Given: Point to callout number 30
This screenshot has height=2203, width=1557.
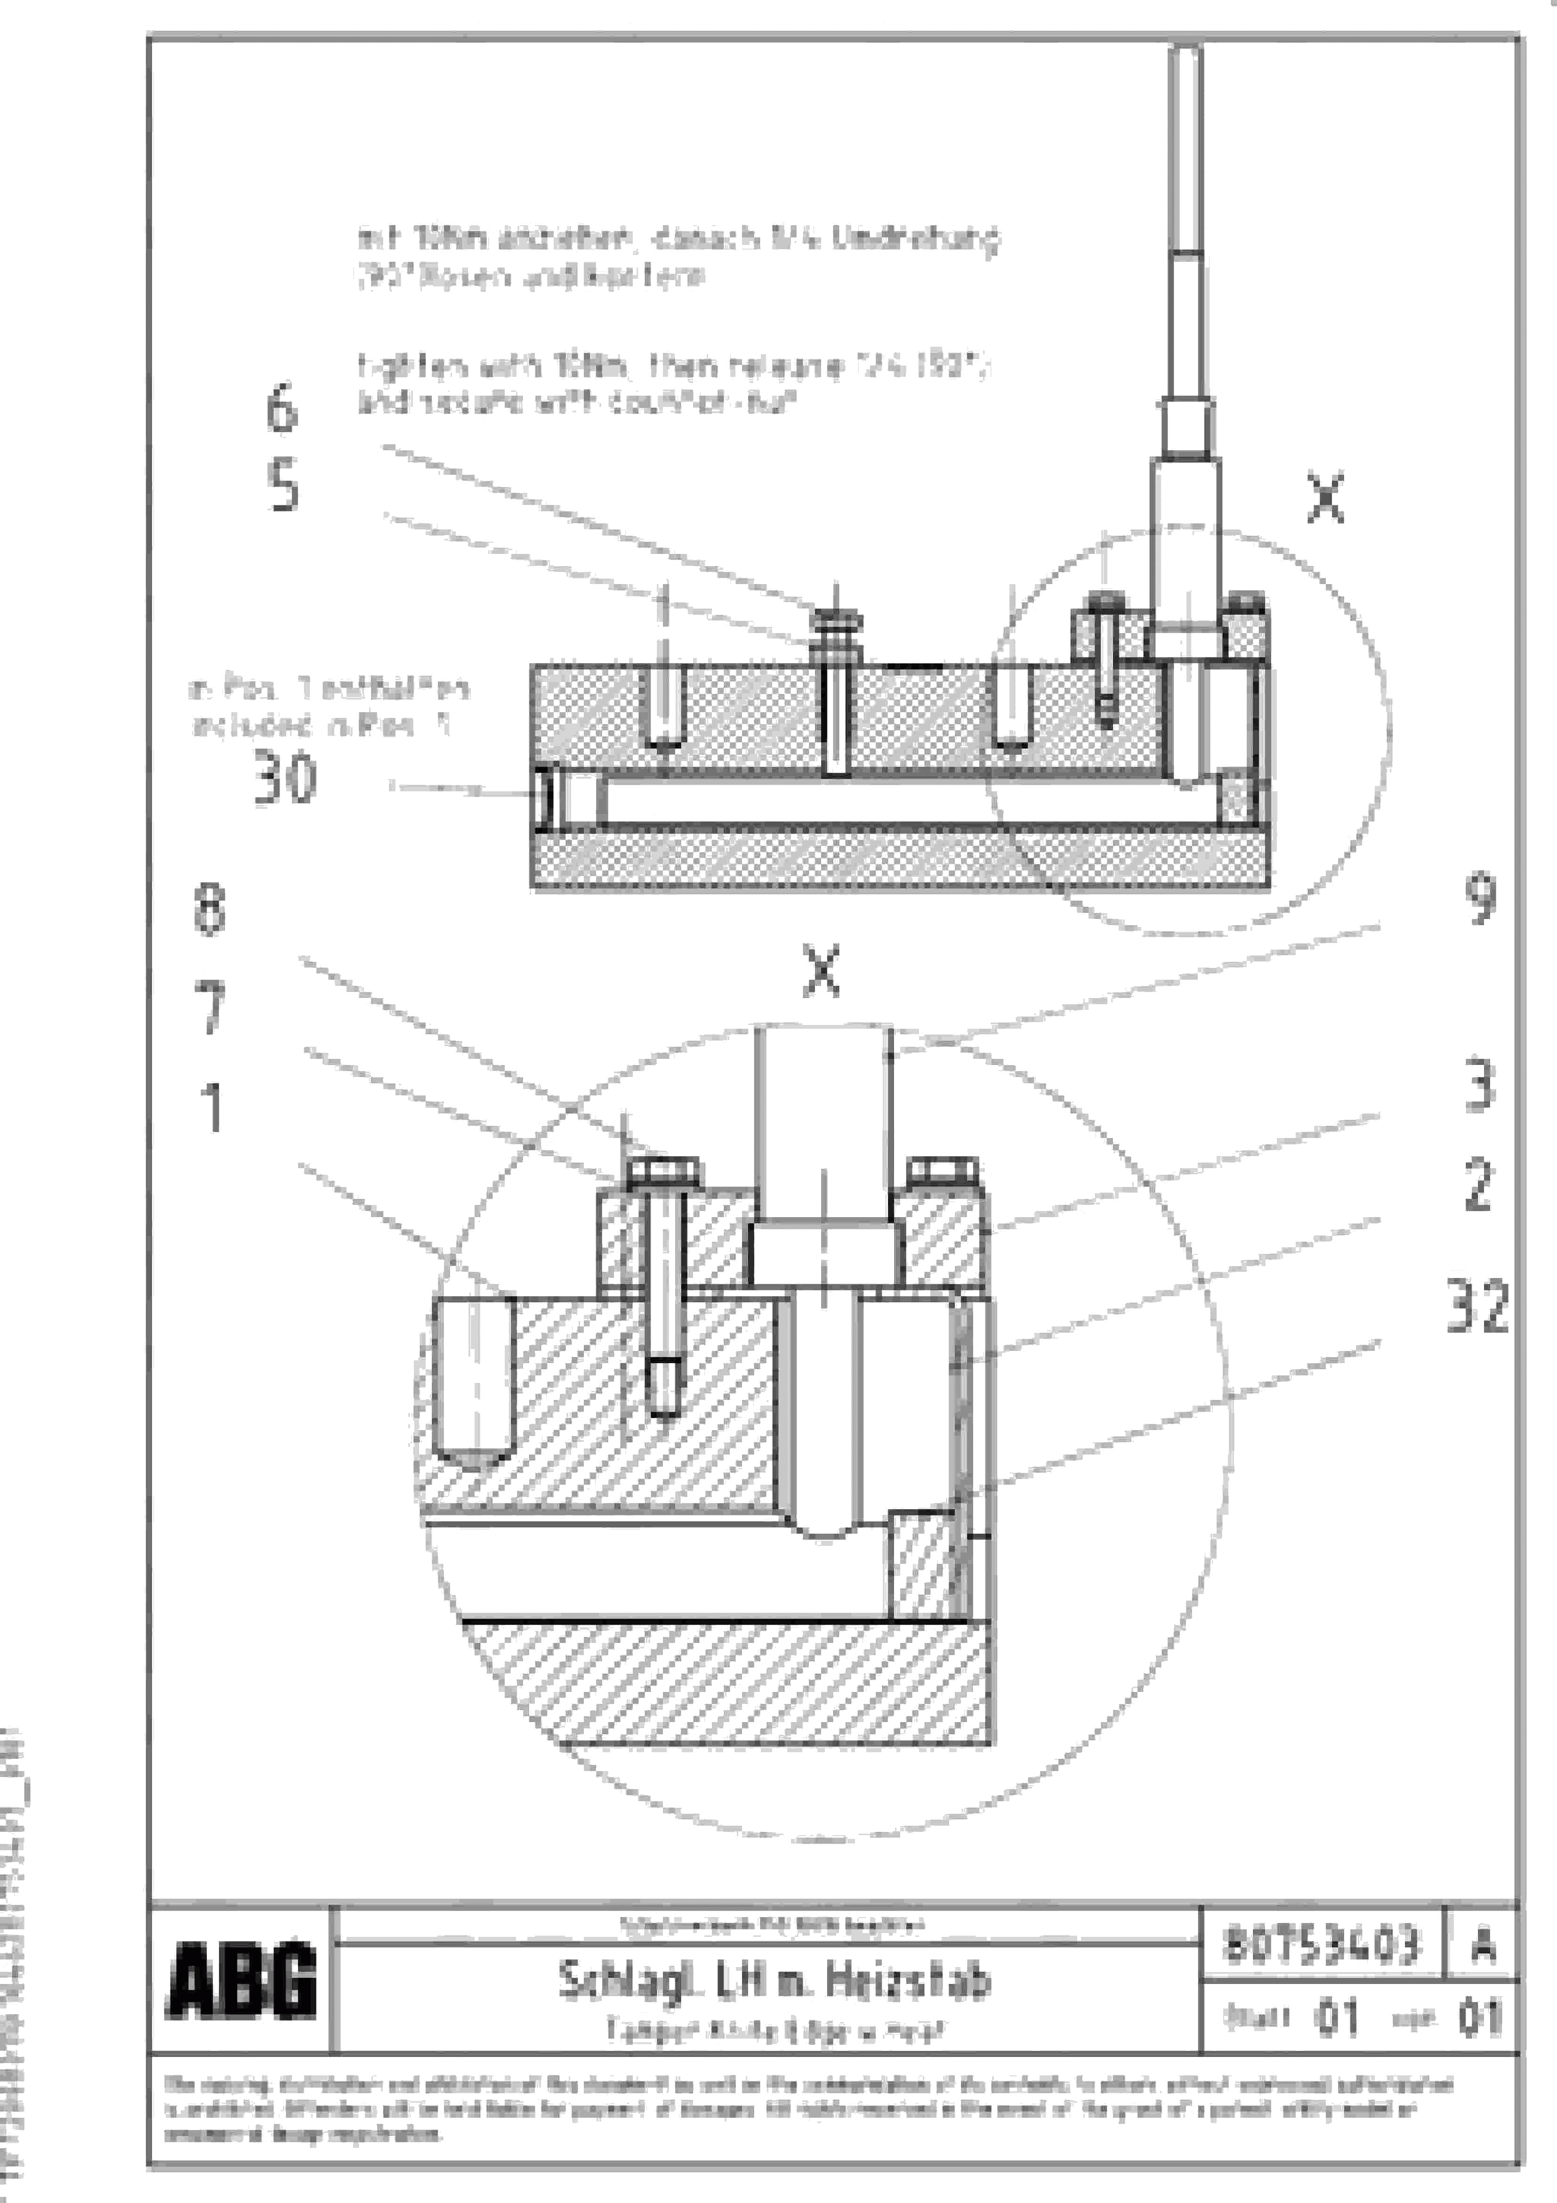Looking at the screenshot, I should pos(285,778).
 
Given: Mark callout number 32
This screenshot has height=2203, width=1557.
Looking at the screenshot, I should pos(1477,1305).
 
